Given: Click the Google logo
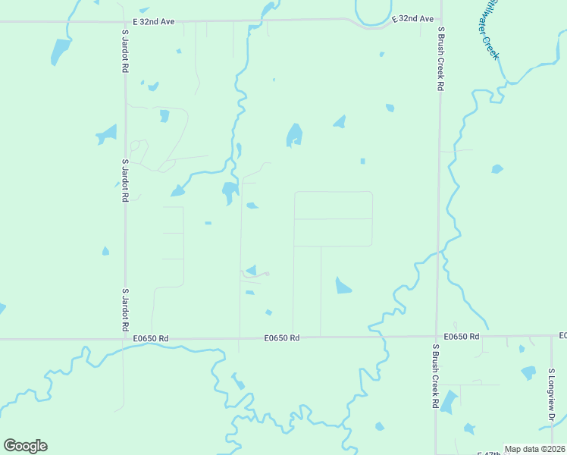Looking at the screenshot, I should tap(25, 446).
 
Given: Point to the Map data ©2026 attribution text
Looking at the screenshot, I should tap(534, 449).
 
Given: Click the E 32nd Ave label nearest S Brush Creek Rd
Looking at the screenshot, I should tap(412, 18).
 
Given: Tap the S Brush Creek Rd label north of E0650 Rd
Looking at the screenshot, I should tap(440, 58).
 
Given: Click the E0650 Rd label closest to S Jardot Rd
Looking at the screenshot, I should tap(150, 338).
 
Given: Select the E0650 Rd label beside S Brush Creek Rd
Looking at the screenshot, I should tap(462, 336).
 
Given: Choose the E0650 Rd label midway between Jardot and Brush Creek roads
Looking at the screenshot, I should tap(283, 338).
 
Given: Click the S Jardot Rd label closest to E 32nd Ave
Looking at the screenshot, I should tap(125, 51).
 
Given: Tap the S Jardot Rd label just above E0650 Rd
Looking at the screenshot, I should tap(125, 309).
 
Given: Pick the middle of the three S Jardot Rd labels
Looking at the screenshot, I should tap(125, 180).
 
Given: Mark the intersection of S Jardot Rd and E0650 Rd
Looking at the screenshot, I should tap(125, 338).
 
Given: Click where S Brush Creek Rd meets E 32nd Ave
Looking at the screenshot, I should tap(441, 21).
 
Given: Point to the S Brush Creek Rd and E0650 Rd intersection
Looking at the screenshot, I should tap(437, 337).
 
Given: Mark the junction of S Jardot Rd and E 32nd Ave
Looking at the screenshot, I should tap(125, 22).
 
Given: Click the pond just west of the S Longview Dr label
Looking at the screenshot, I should tap(528, 372).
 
